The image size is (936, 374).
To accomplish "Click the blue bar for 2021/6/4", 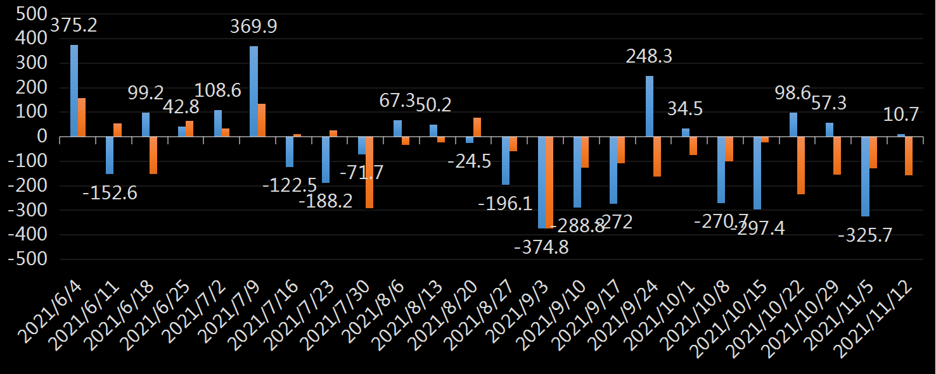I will (x=74, y=90).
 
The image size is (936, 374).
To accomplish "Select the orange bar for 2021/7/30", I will (x=369, y=172).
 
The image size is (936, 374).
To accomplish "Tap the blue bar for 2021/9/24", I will (x=649, y=106).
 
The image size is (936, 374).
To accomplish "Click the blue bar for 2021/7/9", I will (x=253, y=91).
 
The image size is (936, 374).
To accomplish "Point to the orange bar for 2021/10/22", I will (x=800, y=165).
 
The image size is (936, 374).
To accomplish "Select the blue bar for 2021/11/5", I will (x=864, y=177).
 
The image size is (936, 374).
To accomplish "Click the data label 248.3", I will (x=649, y=56).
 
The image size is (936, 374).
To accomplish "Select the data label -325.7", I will (x=865, y=235).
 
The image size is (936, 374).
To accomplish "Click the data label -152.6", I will (x=110, y=192).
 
